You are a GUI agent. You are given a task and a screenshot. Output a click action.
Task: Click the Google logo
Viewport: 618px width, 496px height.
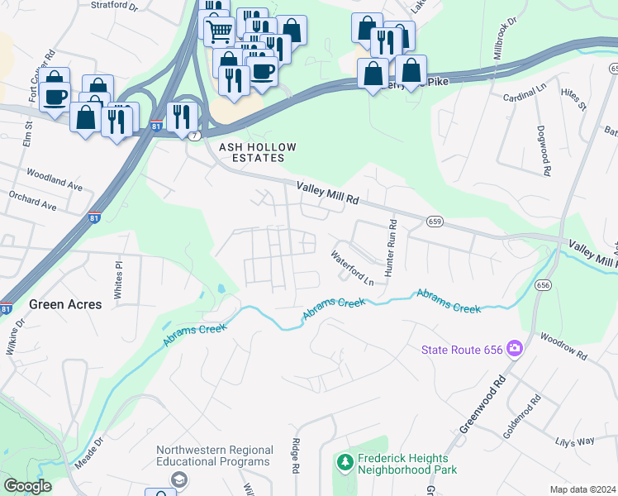pyautogui.click(x=27, y=486)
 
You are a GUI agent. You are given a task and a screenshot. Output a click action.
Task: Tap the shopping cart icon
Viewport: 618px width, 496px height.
pyautogui.click(x=219, y=32)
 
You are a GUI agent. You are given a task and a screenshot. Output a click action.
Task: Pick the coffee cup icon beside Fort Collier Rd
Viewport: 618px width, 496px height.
pyautogui.click(x=56, y=97)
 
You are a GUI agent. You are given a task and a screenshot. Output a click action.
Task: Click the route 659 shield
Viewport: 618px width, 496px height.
pyautogui.click(x=435, y=222)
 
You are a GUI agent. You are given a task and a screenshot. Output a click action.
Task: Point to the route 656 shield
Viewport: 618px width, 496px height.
pyautogui.click(x=543, y=285)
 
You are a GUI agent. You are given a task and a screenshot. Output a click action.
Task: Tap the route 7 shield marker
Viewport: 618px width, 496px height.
pyautogui.click(x=193, y=135)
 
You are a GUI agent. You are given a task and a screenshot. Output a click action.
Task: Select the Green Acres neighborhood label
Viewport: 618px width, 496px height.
pyautogui.click(x=65, y=304)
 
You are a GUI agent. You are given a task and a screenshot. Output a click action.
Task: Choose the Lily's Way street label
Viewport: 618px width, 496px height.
pyautogui.click(x=574, y=441)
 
